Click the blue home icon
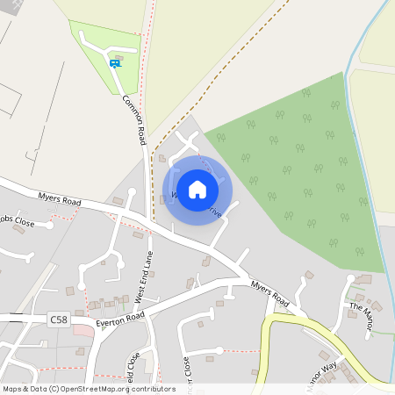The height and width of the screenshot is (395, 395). (197, 189)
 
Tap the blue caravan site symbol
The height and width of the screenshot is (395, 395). (115, 63)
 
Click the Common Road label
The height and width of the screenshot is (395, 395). (134, 120)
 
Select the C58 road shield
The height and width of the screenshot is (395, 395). (59, 319)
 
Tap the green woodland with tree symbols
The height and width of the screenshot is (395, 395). (298, 176)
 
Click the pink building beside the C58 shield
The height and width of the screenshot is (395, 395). (82, 328)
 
